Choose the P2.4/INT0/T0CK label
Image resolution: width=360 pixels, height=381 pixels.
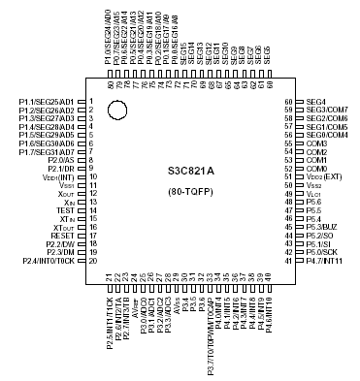(48, 262)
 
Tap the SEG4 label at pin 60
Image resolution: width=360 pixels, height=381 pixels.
(316, 102)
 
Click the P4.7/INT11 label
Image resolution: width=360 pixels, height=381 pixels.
(325, 262)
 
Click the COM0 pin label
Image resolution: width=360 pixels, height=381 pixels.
(316, 169)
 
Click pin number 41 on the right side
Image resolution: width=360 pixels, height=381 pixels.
(288, 262)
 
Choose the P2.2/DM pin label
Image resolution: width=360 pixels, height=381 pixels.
(59, 244)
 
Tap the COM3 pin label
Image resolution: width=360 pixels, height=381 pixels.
(316, 143)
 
